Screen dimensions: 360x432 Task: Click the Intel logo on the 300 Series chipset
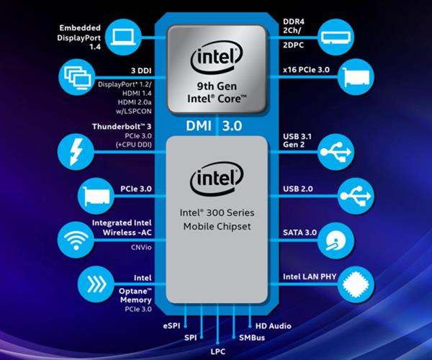click(215, 181)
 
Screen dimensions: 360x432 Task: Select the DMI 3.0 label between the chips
click(215, 125)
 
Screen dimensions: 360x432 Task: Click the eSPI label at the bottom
click(171, 326)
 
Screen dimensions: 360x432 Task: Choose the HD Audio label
click(271, 326)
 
